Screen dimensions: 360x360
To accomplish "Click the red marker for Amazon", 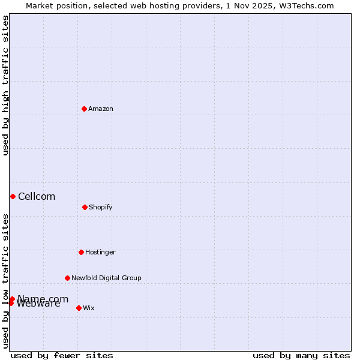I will point(84,109).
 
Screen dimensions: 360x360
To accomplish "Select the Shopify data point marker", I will point(85,207).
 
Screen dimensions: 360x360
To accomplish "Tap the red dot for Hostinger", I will point(81,252).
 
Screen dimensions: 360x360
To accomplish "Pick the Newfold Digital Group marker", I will point(67,278).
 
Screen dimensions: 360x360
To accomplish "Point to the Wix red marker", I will point(79,308).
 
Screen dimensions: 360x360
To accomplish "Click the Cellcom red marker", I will point(13,196).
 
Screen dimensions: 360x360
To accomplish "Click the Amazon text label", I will point(101,109).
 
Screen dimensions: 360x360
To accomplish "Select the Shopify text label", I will point(101,207).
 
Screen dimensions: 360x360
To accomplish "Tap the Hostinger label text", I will point(100,252).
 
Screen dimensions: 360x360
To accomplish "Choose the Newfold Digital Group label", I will point(106,278).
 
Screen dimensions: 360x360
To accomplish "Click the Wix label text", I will point(89,308).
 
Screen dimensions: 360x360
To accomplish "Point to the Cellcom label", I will point(37,197).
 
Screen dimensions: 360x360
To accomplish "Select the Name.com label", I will point(43,299).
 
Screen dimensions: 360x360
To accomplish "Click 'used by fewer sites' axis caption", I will point(62,355).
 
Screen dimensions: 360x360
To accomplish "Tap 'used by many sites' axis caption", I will point(301,355).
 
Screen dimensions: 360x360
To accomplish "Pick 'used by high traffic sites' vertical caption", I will point(5,86).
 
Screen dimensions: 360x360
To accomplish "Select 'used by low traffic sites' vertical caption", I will point(5,281).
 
